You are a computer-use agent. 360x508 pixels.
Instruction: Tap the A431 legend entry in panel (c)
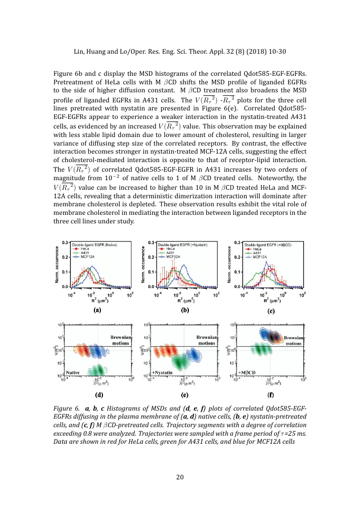point(259,252)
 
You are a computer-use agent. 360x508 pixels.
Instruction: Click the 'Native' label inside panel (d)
point(73,372)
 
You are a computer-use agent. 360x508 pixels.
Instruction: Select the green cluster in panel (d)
point(92,370)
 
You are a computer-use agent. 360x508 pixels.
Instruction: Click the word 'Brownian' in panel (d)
point(121,337)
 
